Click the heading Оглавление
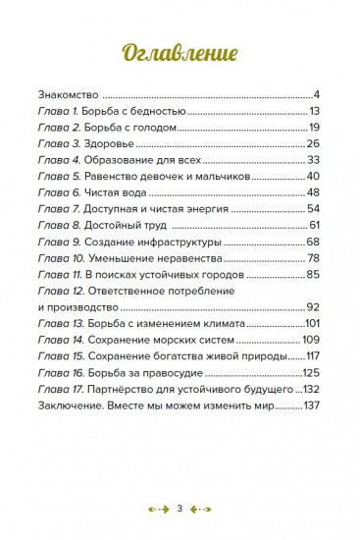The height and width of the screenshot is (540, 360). [180, 53]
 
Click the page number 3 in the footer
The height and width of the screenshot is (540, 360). [180, 509]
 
